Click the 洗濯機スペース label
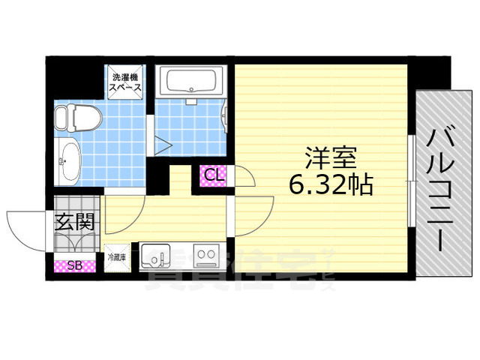[126, 82]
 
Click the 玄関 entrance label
[74, 222]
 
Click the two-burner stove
[205, 256]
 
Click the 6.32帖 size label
[327, 184]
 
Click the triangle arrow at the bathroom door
[163, 144]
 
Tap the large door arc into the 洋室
[253, 214]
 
